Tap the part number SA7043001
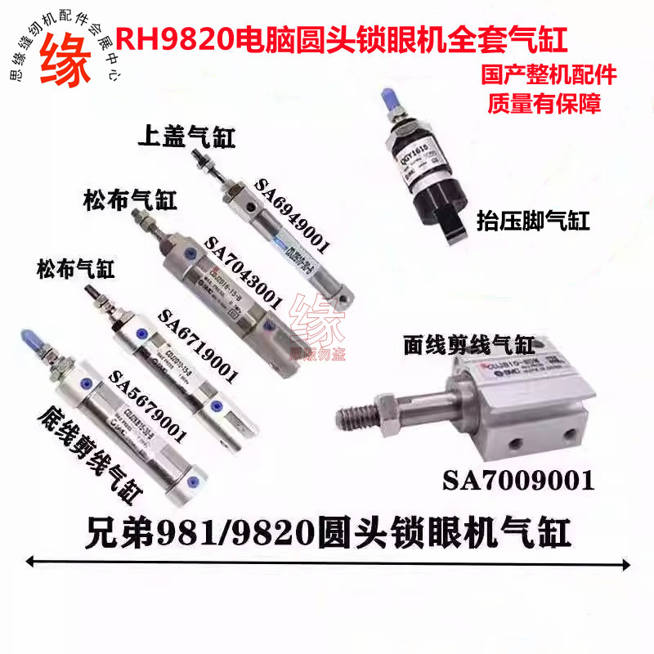coord(244,273)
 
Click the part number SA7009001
coord(518,481)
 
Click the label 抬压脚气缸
coord(532,220)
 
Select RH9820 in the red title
coord(174,38)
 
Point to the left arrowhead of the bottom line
coord(33,561)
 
